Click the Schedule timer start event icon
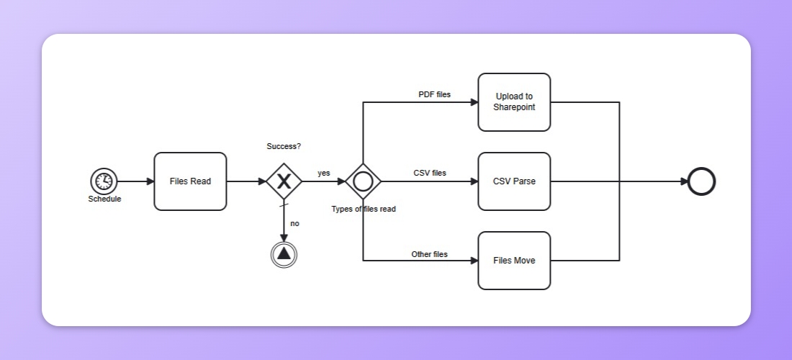pyautogui.click(x=104, y=181)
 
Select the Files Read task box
pyautogui.click(x=190, y=181)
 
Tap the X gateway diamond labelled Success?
pyautogui.click(x=284, y=181)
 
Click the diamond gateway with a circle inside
pyautogui.click(x=363, y=181)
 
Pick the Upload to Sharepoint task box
pyautogui.click(x=514, y=102)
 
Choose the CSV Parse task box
pyautogui.click(x=514, y=181)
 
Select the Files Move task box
pyautogui.click(x=514, y=261)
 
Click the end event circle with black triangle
pyautogui.click(x=284, y=253)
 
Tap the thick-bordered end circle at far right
pyautogui.click(x=701, y=181)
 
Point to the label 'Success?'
pyautogui.click(x=284, y=146)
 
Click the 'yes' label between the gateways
pyautogui.click(x=324, y=173)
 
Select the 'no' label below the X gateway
pyautogui.click(x=294, y=223)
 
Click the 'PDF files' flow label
pyautogui.click(x=434, y=94)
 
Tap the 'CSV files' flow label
pyautogui.click(x=430, y=173)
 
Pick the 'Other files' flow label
pyautogui.click(x=429, y=254)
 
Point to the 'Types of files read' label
pyautogui.click(x=363, y=209)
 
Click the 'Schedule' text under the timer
pyautogui.click(x=104, y=199)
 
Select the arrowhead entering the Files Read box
pyautogui.click(x=150, y=181)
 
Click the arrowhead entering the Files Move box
pyautogui.click(x=474, y=261)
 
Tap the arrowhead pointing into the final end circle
pyautogui.click(x=683, y=181)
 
